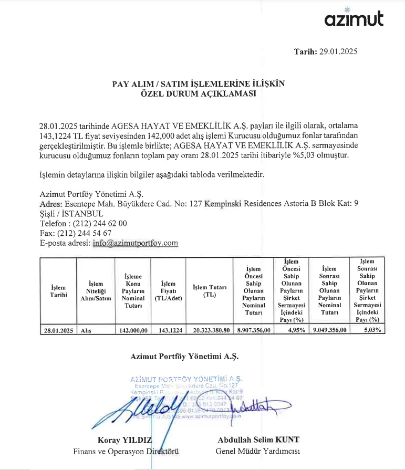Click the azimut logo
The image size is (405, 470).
354,18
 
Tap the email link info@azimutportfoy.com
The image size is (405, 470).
135,243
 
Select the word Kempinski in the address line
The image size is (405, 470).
223,203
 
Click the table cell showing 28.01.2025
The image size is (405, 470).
57,330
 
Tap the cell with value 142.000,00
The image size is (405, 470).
132,330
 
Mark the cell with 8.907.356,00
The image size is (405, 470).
254,330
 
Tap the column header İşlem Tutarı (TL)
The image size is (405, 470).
210,291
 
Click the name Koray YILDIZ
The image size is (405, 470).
125,440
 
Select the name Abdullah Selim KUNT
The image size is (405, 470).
258,440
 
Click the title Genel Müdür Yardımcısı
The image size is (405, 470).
257,451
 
